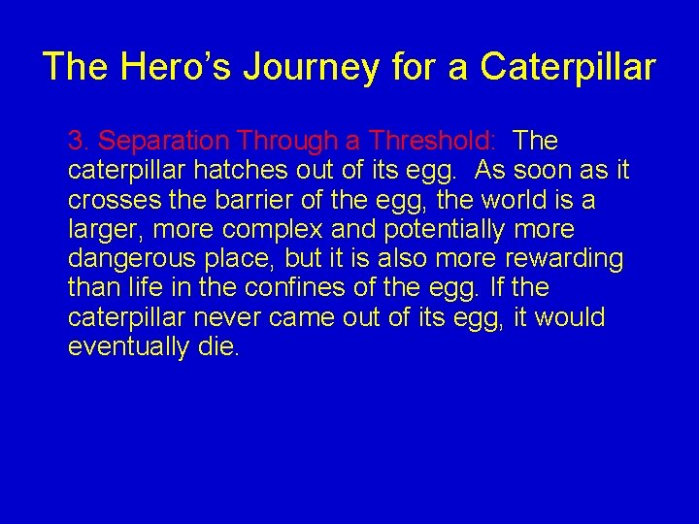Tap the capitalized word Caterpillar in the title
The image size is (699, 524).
click(568, 67)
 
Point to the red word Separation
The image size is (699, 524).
click(161, 142)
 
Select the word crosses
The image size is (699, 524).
click(107, 200)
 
